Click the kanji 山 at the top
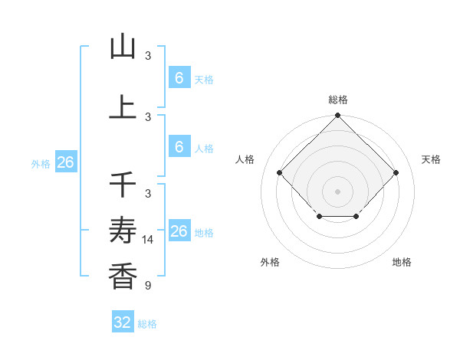(123, 47)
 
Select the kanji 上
(123, 106)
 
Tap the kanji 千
(123, 184)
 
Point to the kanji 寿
(123, 231)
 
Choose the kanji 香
(123, 275)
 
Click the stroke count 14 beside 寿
(148, 240)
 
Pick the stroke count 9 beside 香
(147, 286)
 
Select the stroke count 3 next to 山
(148, 56)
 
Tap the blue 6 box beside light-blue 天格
(179, 77)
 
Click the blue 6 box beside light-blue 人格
(179, 147)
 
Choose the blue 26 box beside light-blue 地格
(179, 231)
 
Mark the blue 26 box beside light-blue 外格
(65, 162)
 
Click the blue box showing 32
(123, 322)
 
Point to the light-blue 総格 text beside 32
(147, 324)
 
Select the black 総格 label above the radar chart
(337, 100)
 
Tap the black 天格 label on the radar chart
(431, 159)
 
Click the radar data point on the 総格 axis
(337, 116)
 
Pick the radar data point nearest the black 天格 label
(396, 172)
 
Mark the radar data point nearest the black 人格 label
(279, 172)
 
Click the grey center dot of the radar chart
(337, 191)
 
